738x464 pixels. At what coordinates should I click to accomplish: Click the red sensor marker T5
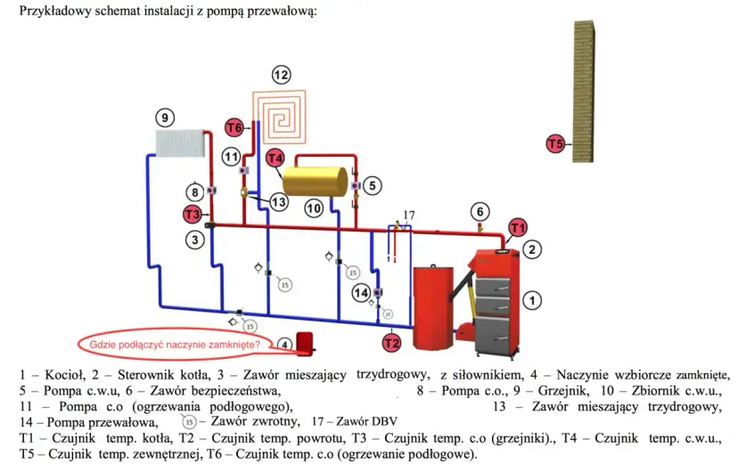coord(555,143)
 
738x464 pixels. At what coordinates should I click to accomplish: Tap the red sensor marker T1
coord(518,229)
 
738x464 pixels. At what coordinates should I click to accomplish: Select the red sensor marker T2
coord(391,341)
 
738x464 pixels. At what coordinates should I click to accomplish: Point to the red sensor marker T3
coord(192,214)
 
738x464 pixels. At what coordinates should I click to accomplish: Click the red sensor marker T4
coord(275,159)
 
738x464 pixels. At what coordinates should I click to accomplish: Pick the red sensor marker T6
coord(234,126)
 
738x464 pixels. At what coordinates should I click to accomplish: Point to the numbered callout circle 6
coord(480,212)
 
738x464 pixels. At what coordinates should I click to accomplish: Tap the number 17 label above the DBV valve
coord(408,215)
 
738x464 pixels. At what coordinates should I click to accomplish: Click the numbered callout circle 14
coord(360,292)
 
